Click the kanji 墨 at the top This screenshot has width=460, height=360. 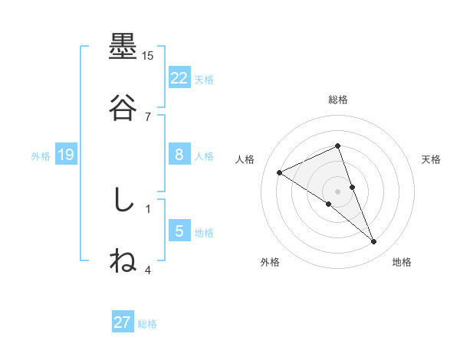123,48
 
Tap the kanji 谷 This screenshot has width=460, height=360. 123,108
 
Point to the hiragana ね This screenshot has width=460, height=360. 123,260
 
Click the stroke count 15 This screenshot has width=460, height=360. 148,56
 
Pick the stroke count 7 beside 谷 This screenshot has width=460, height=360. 148,116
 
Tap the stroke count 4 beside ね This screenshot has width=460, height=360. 148,269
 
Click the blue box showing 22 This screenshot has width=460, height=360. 179,77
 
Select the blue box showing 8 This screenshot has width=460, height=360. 179,155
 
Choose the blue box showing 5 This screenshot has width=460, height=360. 179,231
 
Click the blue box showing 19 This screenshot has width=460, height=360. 65,155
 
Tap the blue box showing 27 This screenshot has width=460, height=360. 122,322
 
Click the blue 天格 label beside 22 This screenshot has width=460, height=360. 204,79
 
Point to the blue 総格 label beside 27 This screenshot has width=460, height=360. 147,324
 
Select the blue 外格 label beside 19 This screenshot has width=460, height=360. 41,156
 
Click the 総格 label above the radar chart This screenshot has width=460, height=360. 338,100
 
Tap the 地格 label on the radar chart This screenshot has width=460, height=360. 402,263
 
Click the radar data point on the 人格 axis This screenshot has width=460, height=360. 279,172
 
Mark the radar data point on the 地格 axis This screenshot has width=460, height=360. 374,242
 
